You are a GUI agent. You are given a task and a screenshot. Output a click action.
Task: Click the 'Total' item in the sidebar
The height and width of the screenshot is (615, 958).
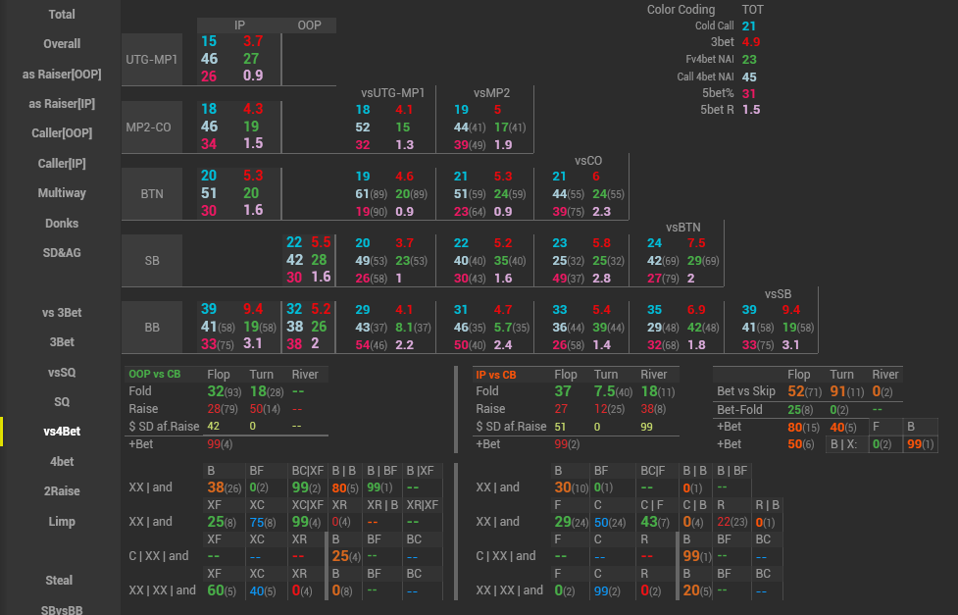pos(61,15)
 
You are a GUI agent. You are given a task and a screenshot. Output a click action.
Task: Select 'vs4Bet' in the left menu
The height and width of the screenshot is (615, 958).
pos(61,432)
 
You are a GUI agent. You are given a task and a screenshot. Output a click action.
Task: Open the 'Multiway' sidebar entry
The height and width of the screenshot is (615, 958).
pos(61,193)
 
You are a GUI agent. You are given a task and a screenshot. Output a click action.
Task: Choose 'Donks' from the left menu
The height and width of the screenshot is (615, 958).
pos(61,224)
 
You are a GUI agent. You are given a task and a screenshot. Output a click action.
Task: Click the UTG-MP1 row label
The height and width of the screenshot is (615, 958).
pos(152,59)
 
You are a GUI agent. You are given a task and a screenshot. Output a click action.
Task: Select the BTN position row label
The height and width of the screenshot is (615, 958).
pos(152,194)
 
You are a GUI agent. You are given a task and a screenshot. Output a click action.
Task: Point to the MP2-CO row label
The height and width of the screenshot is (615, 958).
pos(152,127)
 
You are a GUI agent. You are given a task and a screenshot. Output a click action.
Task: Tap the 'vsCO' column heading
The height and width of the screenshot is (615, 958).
pos(588,160)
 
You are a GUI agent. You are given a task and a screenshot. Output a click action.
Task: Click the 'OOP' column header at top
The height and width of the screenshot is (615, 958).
pos(309,25)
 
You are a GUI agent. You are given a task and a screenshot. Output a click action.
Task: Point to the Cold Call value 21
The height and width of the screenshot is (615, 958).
pos(749,26)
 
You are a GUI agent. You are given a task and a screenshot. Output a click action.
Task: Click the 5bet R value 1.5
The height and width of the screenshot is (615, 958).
pos(750,110)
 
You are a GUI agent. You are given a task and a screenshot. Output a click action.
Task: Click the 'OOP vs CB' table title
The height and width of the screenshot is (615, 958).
pos(155,375)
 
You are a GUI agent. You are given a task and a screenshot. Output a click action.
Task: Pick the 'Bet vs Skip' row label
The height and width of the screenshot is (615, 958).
pos(746,391)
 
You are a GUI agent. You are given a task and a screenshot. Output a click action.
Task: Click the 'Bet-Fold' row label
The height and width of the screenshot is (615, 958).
pos(739,409)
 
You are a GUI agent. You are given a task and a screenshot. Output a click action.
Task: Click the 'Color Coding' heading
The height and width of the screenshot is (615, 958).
pos(681,10)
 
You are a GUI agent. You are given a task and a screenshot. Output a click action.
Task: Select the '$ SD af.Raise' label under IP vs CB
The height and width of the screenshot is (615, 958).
pos(511,426)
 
